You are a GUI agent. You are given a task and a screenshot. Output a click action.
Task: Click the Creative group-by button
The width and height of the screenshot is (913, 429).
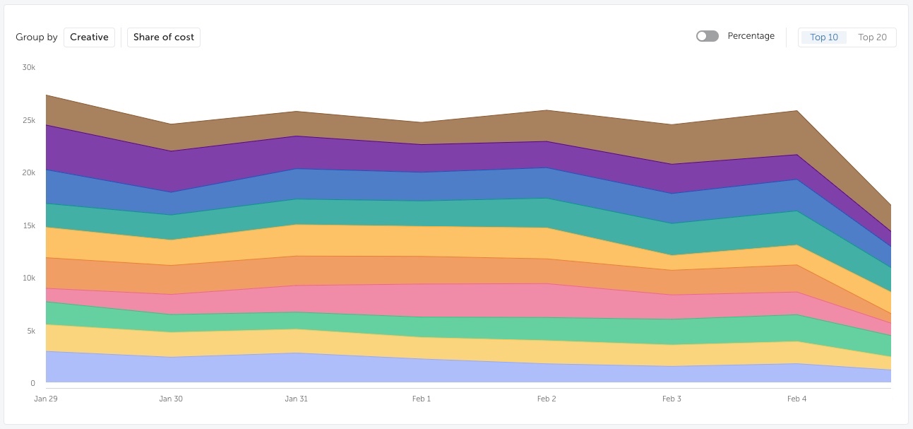tap(89, 37)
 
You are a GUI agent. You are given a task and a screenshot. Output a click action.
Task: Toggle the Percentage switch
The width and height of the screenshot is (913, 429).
tap(707, 36)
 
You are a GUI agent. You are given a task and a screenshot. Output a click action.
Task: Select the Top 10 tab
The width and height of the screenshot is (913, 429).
tap(823, 37)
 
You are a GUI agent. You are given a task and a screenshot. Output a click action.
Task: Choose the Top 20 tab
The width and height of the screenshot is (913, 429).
tap(872, 37)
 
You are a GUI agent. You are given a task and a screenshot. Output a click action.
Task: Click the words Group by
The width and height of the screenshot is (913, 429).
tap(37, 37)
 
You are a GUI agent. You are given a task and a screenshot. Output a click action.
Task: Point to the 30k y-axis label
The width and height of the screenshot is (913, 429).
tap(28, 67)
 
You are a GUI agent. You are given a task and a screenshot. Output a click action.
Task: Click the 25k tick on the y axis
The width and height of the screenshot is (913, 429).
tap(28, 120)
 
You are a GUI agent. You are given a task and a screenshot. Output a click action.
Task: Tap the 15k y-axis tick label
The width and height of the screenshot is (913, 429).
tap(28, 225)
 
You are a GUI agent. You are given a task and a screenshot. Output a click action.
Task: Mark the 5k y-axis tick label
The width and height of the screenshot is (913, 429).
tap(31, 331)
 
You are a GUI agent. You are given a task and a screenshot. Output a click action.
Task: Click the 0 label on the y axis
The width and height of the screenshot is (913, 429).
tap(32, 383)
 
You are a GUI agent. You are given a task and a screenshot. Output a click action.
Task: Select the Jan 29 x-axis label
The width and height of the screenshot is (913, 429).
tap(46, 399)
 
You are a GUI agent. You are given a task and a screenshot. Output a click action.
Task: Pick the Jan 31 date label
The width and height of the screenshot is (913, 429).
tap(296, 399)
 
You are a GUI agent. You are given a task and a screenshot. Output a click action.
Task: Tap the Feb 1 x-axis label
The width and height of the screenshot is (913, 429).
tap(422, 399)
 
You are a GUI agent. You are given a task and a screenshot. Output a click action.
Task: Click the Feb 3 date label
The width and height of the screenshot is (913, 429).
tap(672, 399)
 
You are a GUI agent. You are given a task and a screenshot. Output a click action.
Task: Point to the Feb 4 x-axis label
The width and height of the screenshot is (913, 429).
tap(796, 399)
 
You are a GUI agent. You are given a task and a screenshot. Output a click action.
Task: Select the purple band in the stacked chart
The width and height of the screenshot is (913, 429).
tap(424, 158)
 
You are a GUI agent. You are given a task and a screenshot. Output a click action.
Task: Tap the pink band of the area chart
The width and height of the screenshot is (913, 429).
tap(424, 300)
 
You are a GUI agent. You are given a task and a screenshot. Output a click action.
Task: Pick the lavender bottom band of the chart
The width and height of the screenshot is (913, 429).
tap(424, 370)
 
